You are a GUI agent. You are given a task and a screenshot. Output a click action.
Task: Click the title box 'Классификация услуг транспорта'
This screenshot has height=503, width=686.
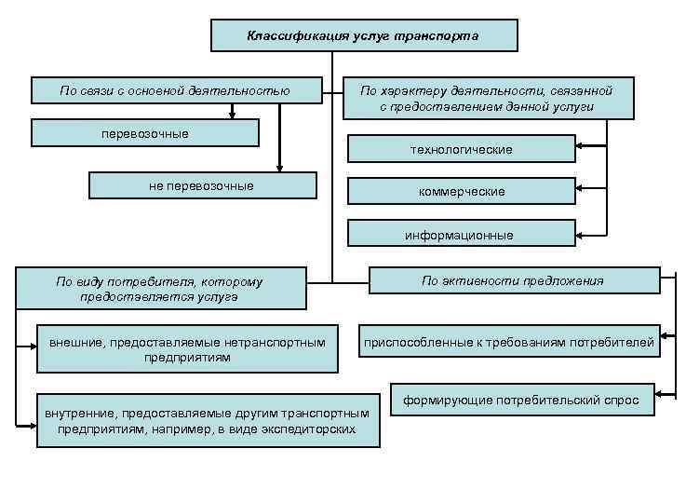click(363, 36)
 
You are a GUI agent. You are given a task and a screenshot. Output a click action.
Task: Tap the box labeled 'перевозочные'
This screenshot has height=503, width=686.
click(144, 133)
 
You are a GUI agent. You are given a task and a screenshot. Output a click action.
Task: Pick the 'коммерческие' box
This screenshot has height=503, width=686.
click(461, 191)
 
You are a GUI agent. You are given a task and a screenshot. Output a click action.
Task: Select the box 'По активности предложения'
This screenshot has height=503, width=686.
click(512, 280)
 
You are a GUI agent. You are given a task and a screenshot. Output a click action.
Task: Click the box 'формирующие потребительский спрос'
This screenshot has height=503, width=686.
click(520, 401)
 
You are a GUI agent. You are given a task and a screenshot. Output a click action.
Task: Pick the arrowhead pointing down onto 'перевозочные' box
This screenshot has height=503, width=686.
click(232, 116)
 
